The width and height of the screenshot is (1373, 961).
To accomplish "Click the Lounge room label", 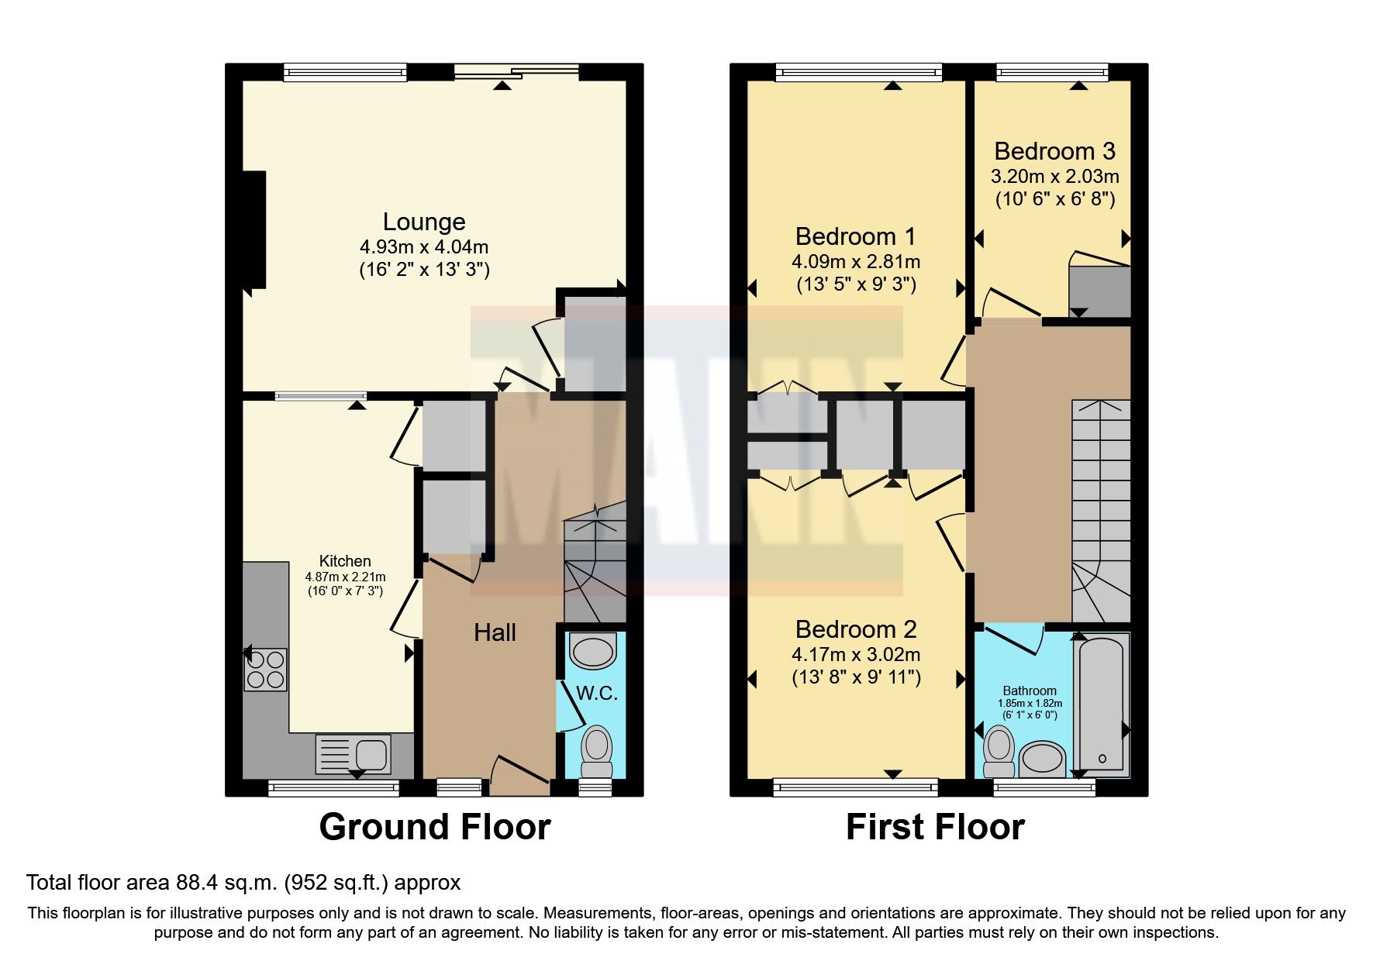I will pos(424,222).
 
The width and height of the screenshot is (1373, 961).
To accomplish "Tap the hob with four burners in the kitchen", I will pos(266,670).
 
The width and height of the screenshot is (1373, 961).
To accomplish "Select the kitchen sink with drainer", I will pos(354,753).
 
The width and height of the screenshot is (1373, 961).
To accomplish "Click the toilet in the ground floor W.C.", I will pos(596,750).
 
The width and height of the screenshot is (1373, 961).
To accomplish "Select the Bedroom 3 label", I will pos(1054,151).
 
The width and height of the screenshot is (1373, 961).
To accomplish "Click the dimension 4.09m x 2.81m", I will pos(856,261).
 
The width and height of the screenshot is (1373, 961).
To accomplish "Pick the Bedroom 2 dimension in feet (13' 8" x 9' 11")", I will pos(856,677).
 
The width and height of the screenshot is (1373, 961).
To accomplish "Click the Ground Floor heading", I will pos(435,827).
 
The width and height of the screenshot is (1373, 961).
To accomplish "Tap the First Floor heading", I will pos(935,827).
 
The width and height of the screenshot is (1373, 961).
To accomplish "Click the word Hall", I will pos(495,632).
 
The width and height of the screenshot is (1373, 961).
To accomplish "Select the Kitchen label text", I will pos(345,561).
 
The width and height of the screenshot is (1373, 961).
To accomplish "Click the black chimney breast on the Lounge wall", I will pos(254,230).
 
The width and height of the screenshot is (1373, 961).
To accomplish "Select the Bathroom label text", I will pos(1030,691).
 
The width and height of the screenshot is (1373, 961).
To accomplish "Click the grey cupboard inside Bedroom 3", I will pos(1099,291).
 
